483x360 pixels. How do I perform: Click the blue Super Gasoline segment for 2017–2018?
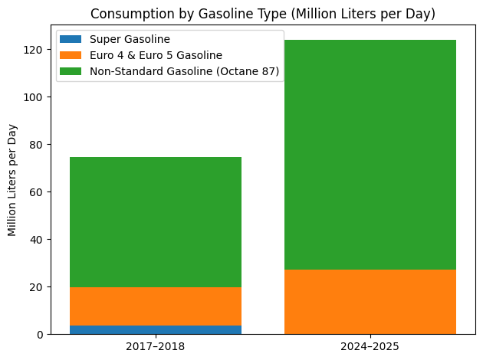tap(156, 330)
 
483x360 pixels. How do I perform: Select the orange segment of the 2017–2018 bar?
tap(156, 306)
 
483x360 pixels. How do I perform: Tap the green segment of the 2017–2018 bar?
tap(156, 222)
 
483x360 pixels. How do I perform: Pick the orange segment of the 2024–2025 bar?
tap(370, 302)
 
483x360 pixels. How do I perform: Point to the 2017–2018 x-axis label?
tap(156, 347)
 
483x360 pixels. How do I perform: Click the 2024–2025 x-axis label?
tap(370, 347)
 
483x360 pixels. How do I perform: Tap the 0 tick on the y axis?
tap(40, 335)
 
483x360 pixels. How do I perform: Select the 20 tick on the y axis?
tap(37, 287)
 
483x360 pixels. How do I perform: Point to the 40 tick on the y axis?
tap(37, 240)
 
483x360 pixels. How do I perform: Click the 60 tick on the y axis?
tap(37, 192)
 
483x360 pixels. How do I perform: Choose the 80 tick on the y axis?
tap(37, 145)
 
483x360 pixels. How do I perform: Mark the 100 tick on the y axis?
tap(34, 97)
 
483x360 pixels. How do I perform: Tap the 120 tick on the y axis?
tap(34, 50)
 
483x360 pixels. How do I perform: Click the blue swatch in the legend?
tap(71, 39)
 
